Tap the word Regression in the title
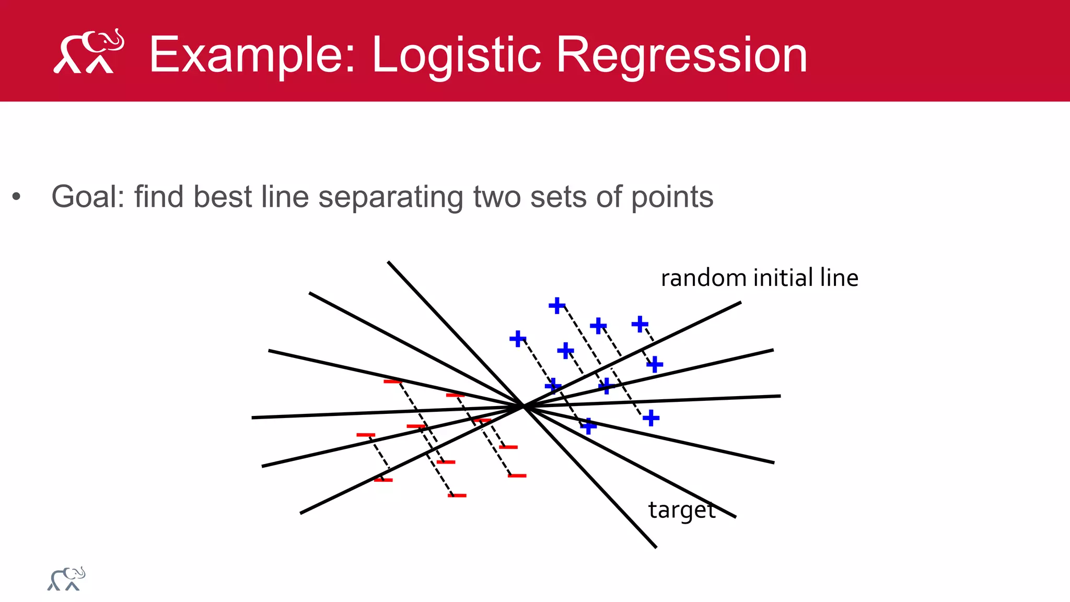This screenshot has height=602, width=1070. pos(681,55)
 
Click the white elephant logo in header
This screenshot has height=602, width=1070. pos(89,52)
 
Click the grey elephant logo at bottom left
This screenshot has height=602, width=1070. pos(66,579)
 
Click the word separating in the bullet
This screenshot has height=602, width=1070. pos(390,198)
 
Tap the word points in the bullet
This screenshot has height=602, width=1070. pos(672,198)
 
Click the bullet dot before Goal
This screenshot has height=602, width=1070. pos(17,197)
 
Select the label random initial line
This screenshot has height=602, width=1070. pos(759,277)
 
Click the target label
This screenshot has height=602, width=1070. pos(681,510)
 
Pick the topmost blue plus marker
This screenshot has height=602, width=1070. pos(557,305)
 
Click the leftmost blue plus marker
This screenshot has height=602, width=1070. pos(517,339)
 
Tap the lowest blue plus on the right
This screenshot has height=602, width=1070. pos(651,418)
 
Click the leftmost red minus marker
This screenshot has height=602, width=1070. pos(366,435)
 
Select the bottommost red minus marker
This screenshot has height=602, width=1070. pos(457,495)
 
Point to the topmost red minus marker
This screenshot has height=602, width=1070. pos(393,382)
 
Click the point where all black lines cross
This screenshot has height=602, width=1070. pos(524,406)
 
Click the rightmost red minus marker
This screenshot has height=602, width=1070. pos(517,476)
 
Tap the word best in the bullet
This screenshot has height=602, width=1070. pos(223,197)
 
